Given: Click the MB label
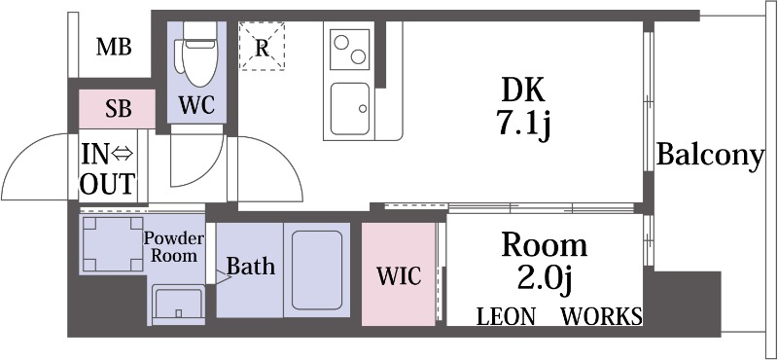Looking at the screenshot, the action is (115, 47).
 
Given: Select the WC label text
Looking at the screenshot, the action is (196, 103).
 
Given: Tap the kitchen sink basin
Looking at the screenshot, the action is (350, 109).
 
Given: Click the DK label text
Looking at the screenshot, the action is (524, 91).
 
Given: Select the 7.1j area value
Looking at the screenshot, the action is (524, 125).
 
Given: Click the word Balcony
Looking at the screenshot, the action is (709, 156).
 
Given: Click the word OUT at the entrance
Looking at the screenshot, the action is (108, 183).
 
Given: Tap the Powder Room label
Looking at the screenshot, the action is (174, 247).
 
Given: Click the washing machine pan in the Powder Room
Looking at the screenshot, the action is (110, 244).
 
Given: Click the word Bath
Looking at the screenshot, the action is (251, 266).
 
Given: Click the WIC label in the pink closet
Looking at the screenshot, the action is (399, 275).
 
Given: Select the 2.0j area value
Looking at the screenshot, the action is (543, 278).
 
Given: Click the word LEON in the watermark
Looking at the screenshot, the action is (506, 316).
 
